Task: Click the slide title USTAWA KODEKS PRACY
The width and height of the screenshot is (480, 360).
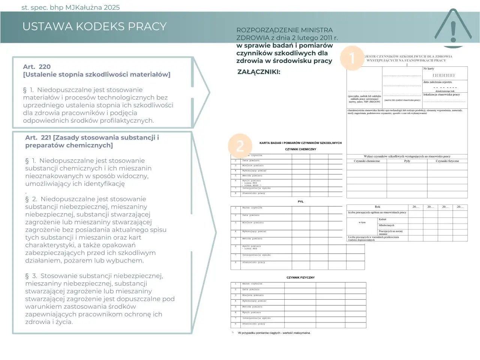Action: [94, 27]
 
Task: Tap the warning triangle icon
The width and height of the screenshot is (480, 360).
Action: [453, 28]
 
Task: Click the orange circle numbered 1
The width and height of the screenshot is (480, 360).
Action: [352, 58]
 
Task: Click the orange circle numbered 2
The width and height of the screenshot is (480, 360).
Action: [240, 146]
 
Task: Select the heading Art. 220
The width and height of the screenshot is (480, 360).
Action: [37, 67]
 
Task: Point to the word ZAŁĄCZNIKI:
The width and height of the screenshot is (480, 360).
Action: [259, 72]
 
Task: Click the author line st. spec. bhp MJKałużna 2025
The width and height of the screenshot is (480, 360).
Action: [70, 7]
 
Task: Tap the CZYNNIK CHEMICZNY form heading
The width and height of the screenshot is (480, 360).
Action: [300, 149]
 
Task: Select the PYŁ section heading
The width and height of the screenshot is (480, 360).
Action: [300, 202]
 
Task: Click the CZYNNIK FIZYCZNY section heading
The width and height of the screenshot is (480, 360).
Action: [300, 277]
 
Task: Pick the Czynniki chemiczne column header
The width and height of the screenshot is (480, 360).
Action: [367, 161]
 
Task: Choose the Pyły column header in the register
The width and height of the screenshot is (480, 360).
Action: [407, 161]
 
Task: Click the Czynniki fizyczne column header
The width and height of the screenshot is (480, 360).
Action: [447, 161]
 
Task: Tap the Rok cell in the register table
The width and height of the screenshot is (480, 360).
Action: [377, 207]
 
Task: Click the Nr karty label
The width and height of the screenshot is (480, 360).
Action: [429, 69]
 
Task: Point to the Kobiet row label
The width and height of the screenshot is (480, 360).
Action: [382, 219]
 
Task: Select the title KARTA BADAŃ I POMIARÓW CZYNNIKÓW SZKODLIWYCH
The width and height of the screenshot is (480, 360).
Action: [300, 143]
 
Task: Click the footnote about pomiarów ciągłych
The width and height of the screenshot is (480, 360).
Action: [274, 333]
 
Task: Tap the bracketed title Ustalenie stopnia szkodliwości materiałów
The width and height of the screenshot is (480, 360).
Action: [96, 74]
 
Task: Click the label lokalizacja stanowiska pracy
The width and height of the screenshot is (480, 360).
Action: [441, 94]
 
